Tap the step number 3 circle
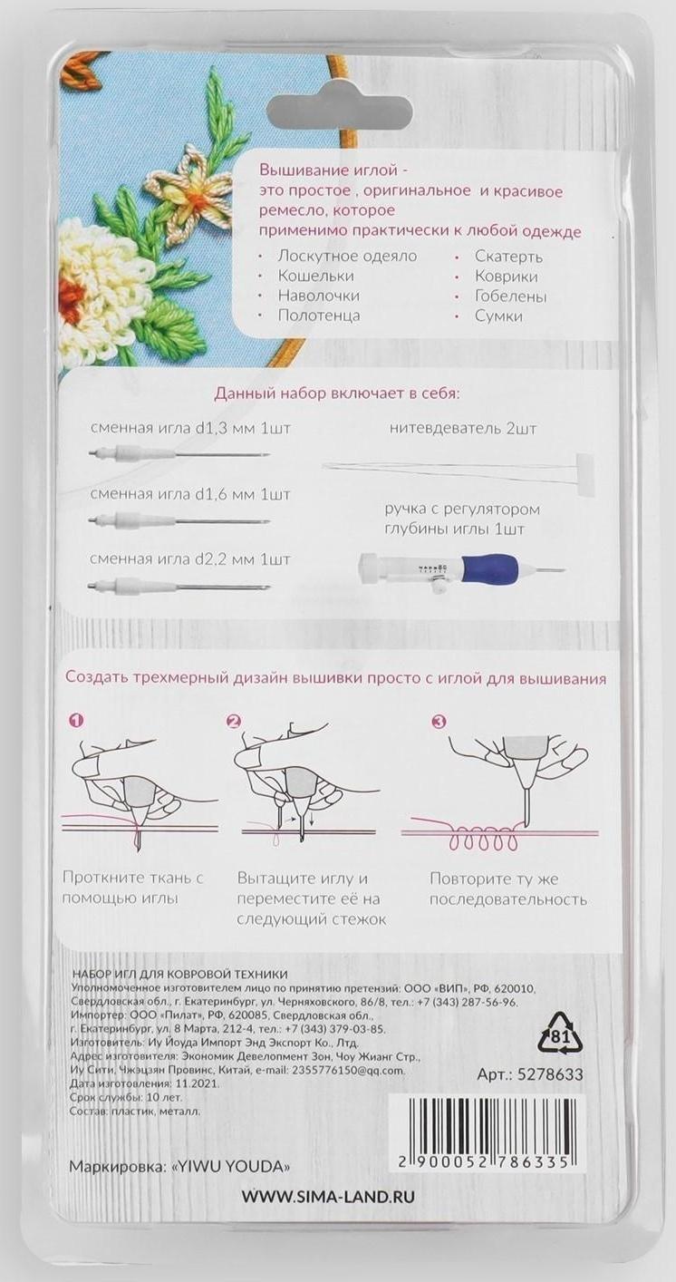[x=439, y=722]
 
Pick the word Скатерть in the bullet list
[x=508, y=257]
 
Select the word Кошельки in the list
[x=315, y=276]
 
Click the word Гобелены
[x=511, y=296]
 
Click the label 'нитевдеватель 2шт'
[x=463, y=428]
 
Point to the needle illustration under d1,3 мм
[x=179, y=454]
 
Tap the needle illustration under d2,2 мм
[x=179, y=586]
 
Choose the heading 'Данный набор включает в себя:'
[x=337, y=394]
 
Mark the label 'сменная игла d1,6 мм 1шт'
[x=190, y=494]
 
